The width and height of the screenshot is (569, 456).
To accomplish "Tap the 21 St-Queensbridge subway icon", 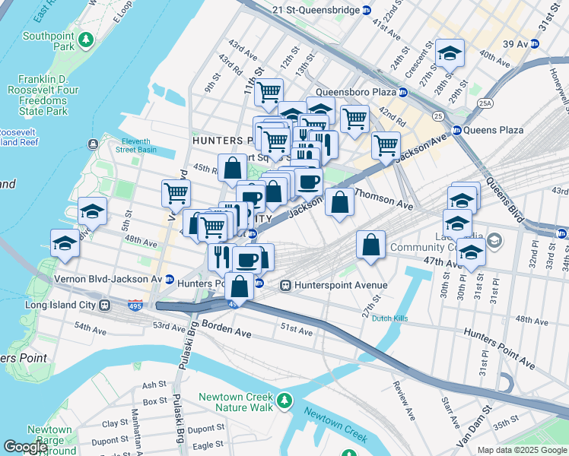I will point(366,10).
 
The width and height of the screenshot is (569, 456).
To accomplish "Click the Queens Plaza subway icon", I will point(457,130).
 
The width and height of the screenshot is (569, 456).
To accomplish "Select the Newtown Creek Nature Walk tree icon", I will point(284,400).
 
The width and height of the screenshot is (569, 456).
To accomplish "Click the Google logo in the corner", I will point(25,447).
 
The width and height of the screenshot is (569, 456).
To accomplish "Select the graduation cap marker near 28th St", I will point(450,53).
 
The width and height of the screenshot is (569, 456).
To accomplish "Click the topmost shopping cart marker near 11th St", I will point(269,93).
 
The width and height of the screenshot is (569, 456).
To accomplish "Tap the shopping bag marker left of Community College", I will point(370,245).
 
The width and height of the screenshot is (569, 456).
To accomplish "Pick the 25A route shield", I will point(484,103).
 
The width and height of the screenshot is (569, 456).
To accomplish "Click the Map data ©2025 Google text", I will point(521,450).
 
